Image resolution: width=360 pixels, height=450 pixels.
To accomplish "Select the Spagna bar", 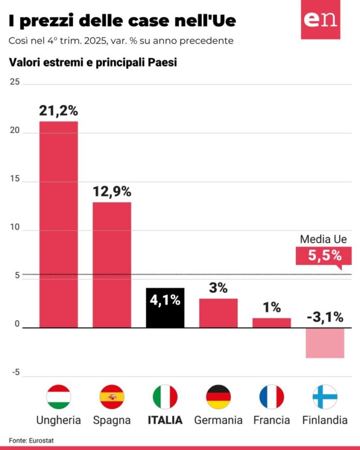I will pyautogui.click(x=112, y=264).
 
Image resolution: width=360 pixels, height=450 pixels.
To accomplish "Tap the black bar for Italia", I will pyautogui.click(x=165, y=308).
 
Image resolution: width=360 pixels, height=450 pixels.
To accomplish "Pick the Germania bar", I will pyautogui.click(x=218, y=313).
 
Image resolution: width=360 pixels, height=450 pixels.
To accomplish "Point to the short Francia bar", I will pyautogui.click(x=272, y=322).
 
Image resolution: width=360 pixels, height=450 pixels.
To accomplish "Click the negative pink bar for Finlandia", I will pyautogui.click(x=325, y=343).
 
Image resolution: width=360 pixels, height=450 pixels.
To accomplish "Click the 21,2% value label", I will pyautogui.click(x=58, y=110).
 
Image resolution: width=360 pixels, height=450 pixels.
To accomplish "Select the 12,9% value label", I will pyautogui.click(x=112, y=191).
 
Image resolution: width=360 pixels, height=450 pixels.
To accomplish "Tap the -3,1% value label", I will pyautogui.click(x=325, y=317).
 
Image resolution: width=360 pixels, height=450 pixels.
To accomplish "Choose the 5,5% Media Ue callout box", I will pyautogui.click(x=320, y=256).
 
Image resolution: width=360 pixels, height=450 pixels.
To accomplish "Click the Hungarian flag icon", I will pyautogui.click(x=58, y=397).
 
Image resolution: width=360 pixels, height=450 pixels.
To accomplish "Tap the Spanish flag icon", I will pyautogui.click(x=112, y=397).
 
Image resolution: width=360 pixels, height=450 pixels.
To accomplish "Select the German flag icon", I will pyautogui.click(x=218, y=397).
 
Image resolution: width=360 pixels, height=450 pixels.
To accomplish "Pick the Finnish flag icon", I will pyautogui.click(x=325, y=397).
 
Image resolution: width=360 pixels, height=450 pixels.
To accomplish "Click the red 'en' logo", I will pyautogui.click(x=321, y=20).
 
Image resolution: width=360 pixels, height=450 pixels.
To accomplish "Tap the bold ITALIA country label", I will pyautogui.click(x=165, y=420).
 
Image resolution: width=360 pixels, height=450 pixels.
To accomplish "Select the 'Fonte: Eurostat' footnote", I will pyautogui.click(x=31, y=440).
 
